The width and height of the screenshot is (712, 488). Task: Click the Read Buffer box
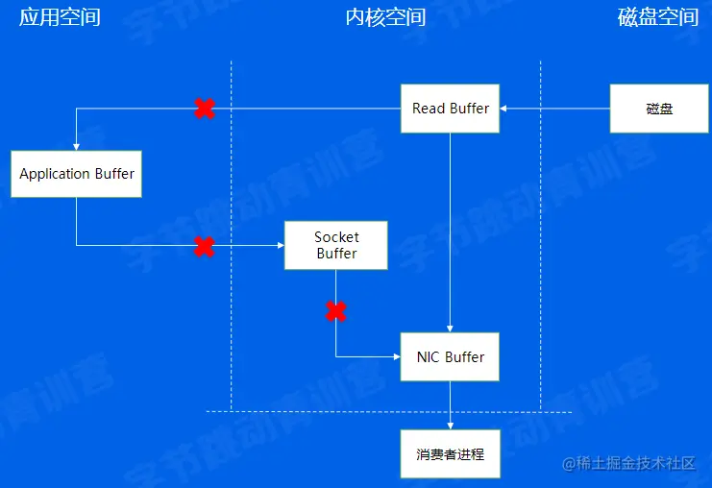click(450, 109)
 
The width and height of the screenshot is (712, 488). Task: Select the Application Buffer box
click(77, 174)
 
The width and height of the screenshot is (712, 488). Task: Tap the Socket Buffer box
click(335, 245)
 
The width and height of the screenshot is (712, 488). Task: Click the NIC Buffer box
click(450, 357)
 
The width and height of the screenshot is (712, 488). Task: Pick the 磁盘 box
click(659, 109)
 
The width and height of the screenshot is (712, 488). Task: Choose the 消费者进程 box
click(450, 454)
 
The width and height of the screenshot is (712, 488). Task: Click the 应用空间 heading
click(60, 17)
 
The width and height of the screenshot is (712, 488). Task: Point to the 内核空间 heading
click(384, 17)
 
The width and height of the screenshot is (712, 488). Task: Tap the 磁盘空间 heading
click(658, 17)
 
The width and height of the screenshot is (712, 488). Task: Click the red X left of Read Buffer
click(204, 109)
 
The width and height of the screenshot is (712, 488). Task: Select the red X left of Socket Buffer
click(204, 246)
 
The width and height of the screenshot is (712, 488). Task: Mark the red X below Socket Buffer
click(335, 310)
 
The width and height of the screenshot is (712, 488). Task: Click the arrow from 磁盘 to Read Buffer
click(554, 109)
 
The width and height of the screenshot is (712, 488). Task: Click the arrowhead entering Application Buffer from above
click(77, 146)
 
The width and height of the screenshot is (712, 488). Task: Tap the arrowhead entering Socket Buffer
click(280, 246)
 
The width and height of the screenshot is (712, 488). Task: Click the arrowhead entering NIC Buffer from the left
click(396, 356)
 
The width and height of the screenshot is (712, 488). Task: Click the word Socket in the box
click(336, 237)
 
